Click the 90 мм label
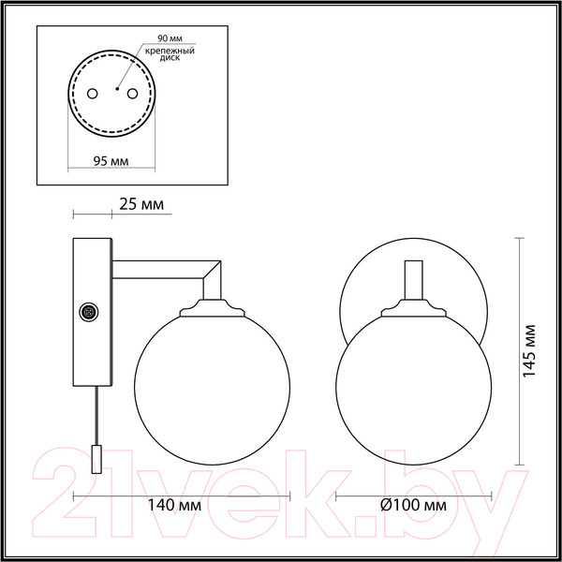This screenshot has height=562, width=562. pos(170,38)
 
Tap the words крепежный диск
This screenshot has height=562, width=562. pos(170,53)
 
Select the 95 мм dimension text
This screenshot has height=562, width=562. pos(111,161)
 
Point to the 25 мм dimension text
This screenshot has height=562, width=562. pos(141,204)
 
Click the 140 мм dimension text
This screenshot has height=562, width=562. pos(174,506)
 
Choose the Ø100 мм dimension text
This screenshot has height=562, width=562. pos(413,506)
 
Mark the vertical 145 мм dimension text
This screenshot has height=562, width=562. pos(529,351)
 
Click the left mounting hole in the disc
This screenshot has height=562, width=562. pos(92,94)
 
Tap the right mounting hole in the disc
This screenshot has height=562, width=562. pos(132,94)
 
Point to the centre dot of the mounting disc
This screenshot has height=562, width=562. pos(117,89)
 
